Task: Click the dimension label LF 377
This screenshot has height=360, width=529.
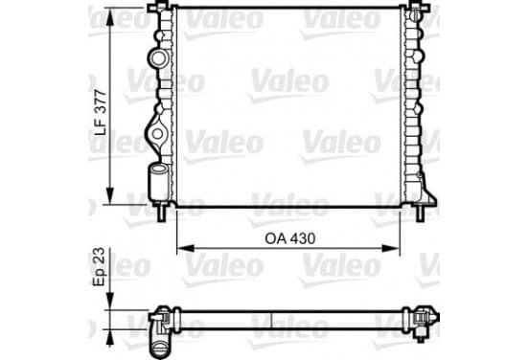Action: pyautogui.click(x=101, y=113)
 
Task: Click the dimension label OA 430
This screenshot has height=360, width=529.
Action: pyautogui.click(x=290, y=238)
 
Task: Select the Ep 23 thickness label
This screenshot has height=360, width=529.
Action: pyautogui.click(x=100, y=266)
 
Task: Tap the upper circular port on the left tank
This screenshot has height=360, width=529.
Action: pyautogui.click(x=158, y=58)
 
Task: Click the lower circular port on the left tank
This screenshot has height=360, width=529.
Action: pyautogui.click(x=157, y=134)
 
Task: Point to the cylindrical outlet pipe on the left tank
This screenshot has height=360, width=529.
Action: pyautogui.click(x=158, y=180)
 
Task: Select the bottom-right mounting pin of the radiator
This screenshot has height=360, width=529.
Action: pyautogui.click(x=420, y=213)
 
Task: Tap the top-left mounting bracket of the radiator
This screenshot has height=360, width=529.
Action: pyautogui.click(x=157, y=7)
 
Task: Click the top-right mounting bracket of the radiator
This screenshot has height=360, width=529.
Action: pyautogui.click(x=419, y=7)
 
